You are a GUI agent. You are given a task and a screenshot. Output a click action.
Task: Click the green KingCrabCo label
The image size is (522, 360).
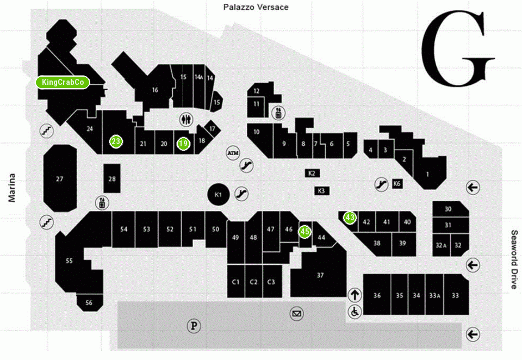coord(63,82)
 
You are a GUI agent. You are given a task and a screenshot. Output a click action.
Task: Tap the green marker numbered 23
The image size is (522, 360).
coord(116,141)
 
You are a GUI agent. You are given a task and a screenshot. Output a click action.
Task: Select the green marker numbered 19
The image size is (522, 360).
coord(183,144)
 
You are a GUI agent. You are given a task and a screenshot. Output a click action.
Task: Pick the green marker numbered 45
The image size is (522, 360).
coord(305,232)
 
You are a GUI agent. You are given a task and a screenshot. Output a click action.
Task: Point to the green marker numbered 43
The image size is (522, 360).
coord(350,218)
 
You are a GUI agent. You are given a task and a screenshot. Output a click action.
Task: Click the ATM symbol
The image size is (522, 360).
coord(233,153)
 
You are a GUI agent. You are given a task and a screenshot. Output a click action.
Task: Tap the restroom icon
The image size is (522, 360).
coord(187,119)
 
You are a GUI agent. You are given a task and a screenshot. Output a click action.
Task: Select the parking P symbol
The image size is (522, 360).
coord(194,325)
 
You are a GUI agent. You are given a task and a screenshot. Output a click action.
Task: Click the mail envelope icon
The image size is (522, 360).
coord(296,314)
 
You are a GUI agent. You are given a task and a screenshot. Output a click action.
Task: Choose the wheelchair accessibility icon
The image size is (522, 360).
coord(355,312)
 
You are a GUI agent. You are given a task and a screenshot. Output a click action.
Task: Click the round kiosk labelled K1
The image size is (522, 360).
coord(219,195)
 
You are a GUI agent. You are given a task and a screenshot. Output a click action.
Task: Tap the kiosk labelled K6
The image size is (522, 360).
coord(397,183)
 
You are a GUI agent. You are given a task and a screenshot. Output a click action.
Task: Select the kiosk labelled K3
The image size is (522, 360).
coord(321,191)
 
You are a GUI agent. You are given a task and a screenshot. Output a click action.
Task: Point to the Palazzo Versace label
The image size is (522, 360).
coord(256,7)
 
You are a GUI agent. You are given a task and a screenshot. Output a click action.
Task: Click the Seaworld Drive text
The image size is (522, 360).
coord(514,259)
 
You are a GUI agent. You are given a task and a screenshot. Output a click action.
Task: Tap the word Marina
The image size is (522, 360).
coord(11,188)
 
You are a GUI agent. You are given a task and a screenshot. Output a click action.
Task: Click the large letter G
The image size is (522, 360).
coord(458,48)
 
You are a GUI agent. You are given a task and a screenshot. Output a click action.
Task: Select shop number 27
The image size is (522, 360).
coord(60,178)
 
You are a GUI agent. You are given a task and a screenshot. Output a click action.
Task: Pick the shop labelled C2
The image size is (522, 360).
coord(253,281)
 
